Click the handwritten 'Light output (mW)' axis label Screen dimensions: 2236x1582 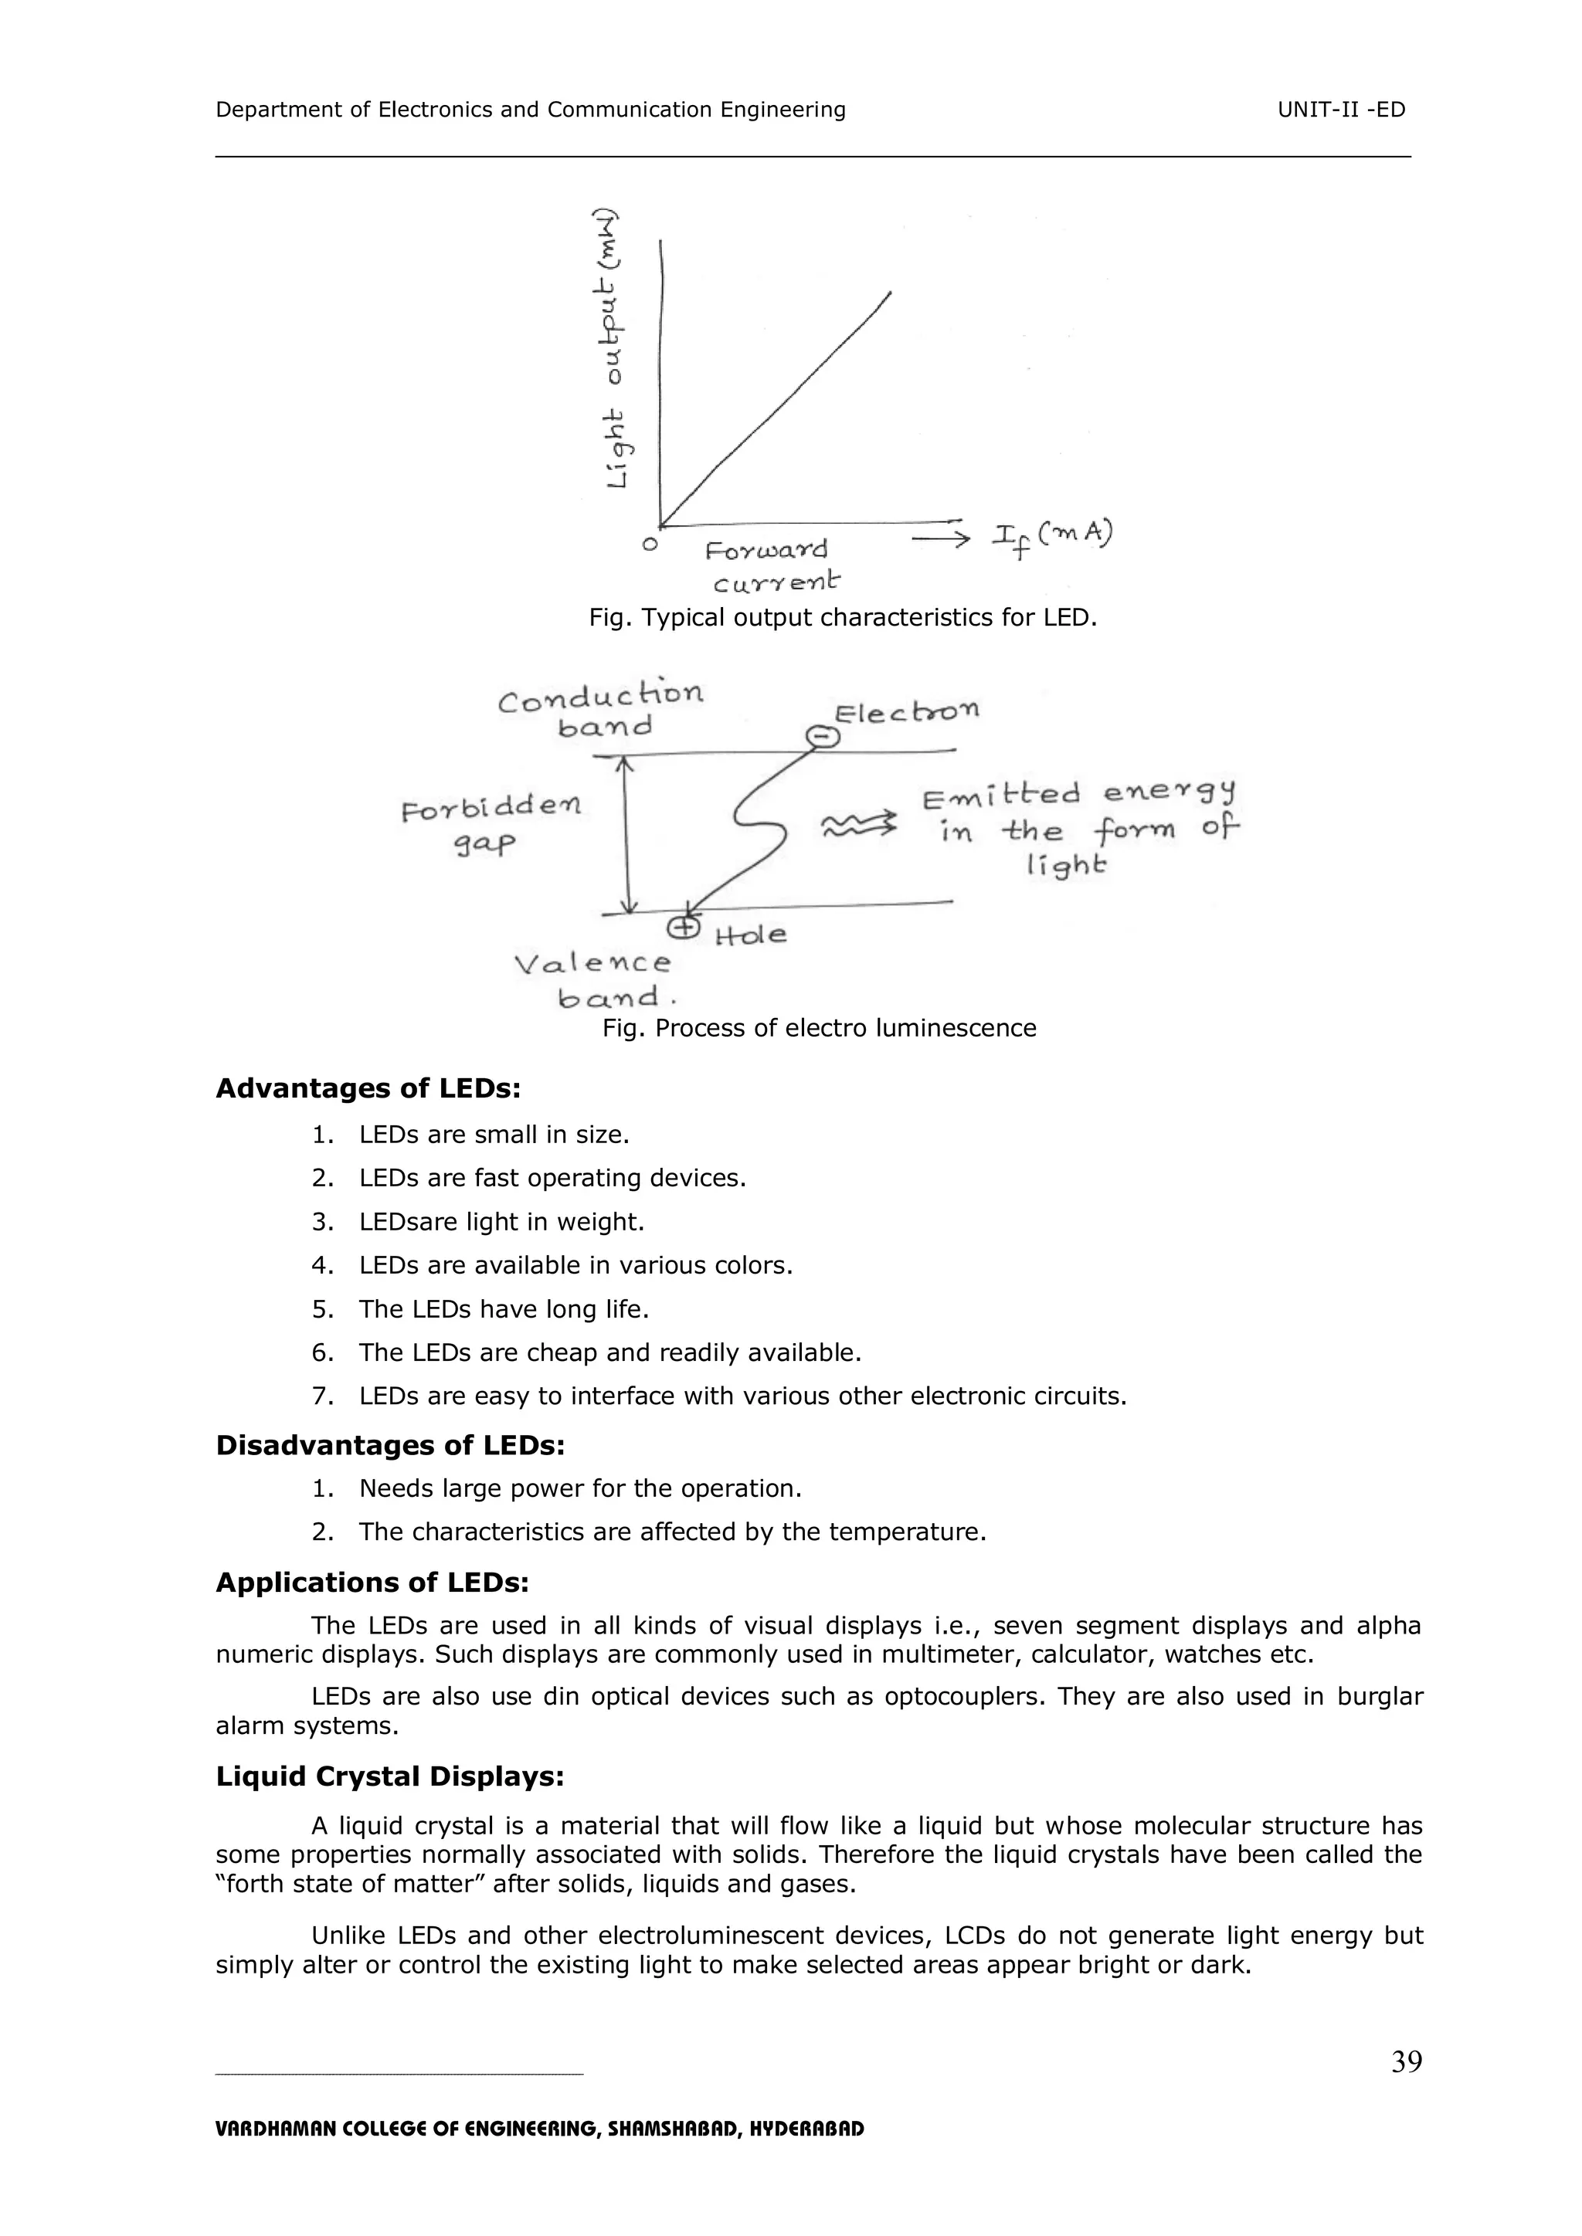pos(612,351)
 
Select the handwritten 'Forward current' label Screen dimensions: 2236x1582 pos(769,565)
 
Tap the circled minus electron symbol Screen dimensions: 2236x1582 pos(823,736)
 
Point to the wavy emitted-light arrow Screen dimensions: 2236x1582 pos(858,825)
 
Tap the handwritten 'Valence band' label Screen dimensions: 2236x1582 pos(594,979)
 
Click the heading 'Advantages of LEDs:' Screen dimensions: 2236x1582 pos(367,1089)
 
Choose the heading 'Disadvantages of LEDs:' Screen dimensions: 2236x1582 pos(389,1445)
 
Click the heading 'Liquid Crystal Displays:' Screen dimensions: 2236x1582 pos(389,1776)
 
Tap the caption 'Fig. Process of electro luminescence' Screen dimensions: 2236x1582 pos(818,1028)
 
